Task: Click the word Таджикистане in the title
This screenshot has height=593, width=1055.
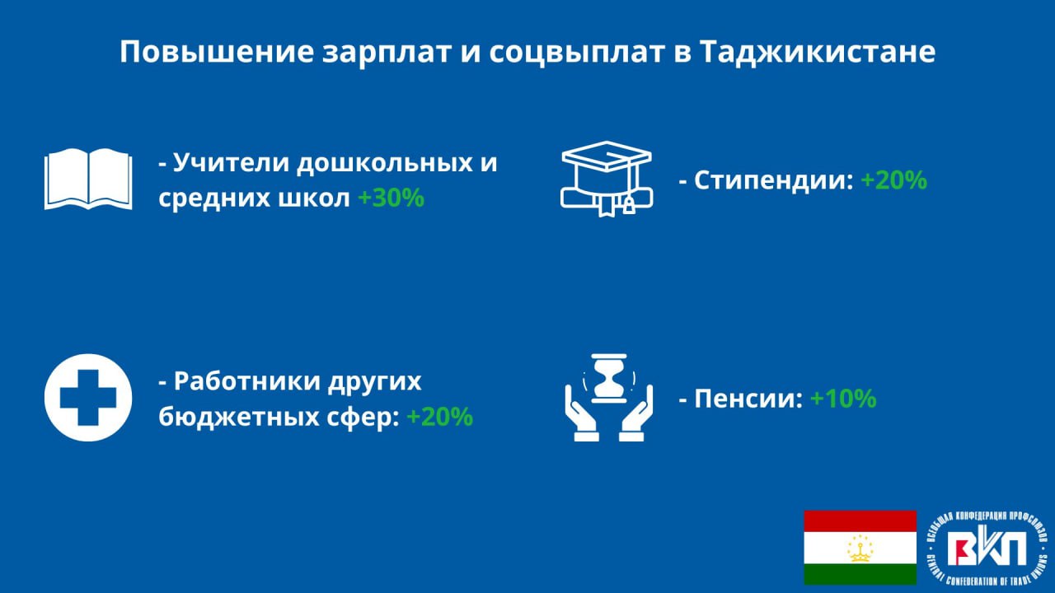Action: click(818, 52)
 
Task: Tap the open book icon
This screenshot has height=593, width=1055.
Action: click(88, 180)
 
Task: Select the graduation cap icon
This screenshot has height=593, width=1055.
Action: click(607, 179)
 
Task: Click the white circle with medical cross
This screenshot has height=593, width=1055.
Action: click(88, 398)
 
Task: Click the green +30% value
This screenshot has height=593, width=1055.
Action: click(392, 198)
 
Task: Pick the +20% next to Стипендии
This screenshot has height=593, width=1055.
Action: click(894, 180)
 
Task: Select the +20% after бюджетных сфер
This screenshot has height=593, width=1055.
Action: click(440, 417)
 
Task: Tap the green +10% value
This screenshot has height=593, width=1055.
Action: click(843, 398)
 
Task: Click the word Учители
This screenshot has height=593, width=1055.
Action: click(232, 163)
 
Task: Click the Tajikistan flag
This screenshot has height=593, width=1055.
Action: click(860, 548)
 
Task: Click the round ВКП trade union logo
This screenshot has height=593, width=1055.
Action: click(987, 549)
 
